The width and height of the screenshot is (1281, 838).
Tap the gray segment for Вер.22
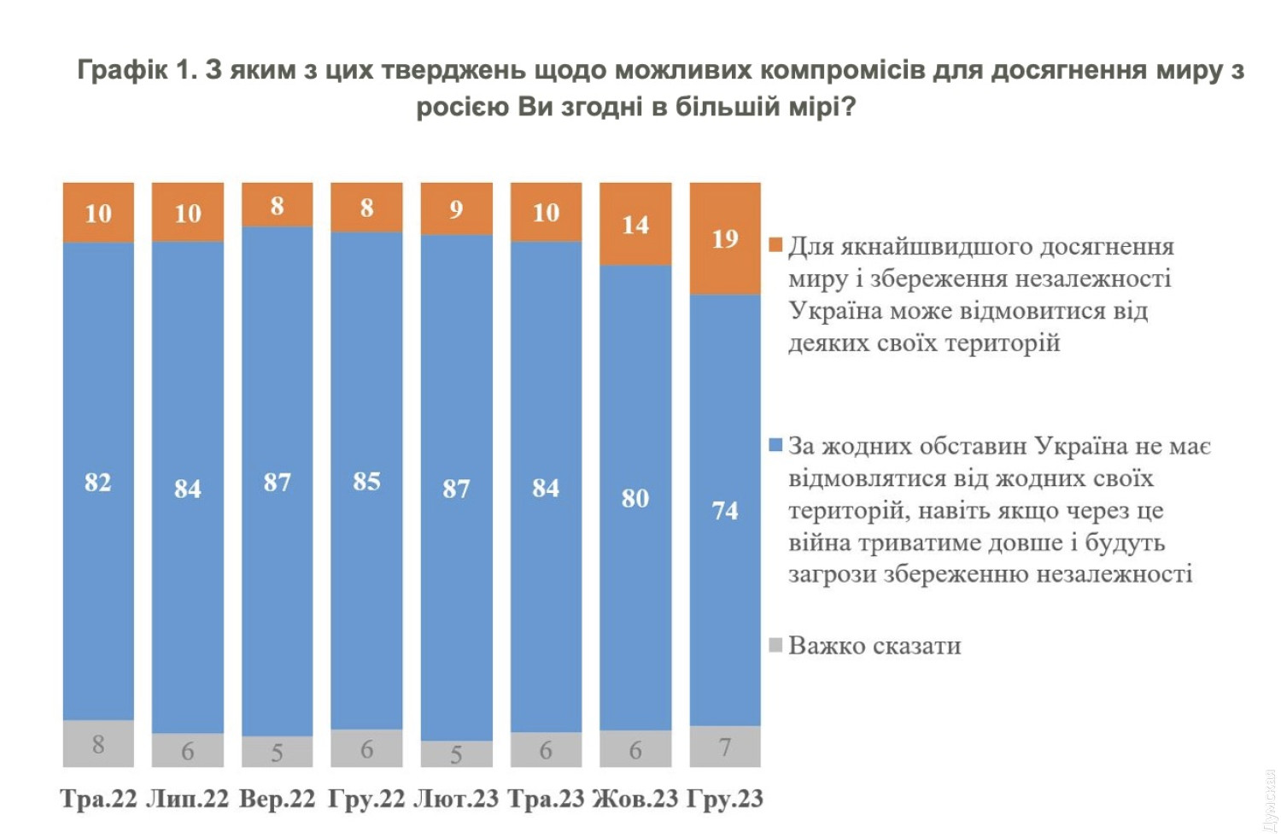pos(277,752)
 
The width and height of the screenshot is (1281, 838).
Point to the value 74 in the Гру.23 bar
pos(724,511)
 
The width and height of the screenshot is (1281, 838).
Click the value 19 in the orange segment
pos(724,238)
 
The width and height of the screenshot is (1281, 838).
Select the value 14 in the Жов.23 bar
pos(635,225)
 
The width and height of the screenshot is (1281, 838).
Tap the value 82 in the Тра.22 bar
pos(98,483)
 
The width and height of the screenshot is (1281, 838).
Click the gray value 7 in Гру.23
pos(724,747)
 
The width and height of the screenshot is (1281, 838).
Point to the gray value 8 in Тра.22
pos(98,745)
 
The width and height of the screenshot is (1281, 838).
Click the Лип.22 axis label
pos(188,800)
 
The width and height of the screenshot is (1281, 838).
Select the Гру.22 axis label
pos(366,800)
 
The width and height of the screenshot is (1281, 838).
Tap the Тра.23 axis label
pos(546,800)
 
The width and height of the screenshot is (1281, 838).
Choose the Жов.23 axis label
pos(635,800)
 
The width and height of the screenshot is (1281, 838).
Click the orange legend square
pos(775,246)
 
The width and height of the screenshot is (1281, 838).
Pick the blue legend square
pos(775,445)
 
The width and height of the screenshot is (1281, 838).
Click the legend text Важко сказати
pos(874,646)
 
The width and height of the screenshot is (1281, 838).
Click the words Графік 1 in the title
pos(137,70)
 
